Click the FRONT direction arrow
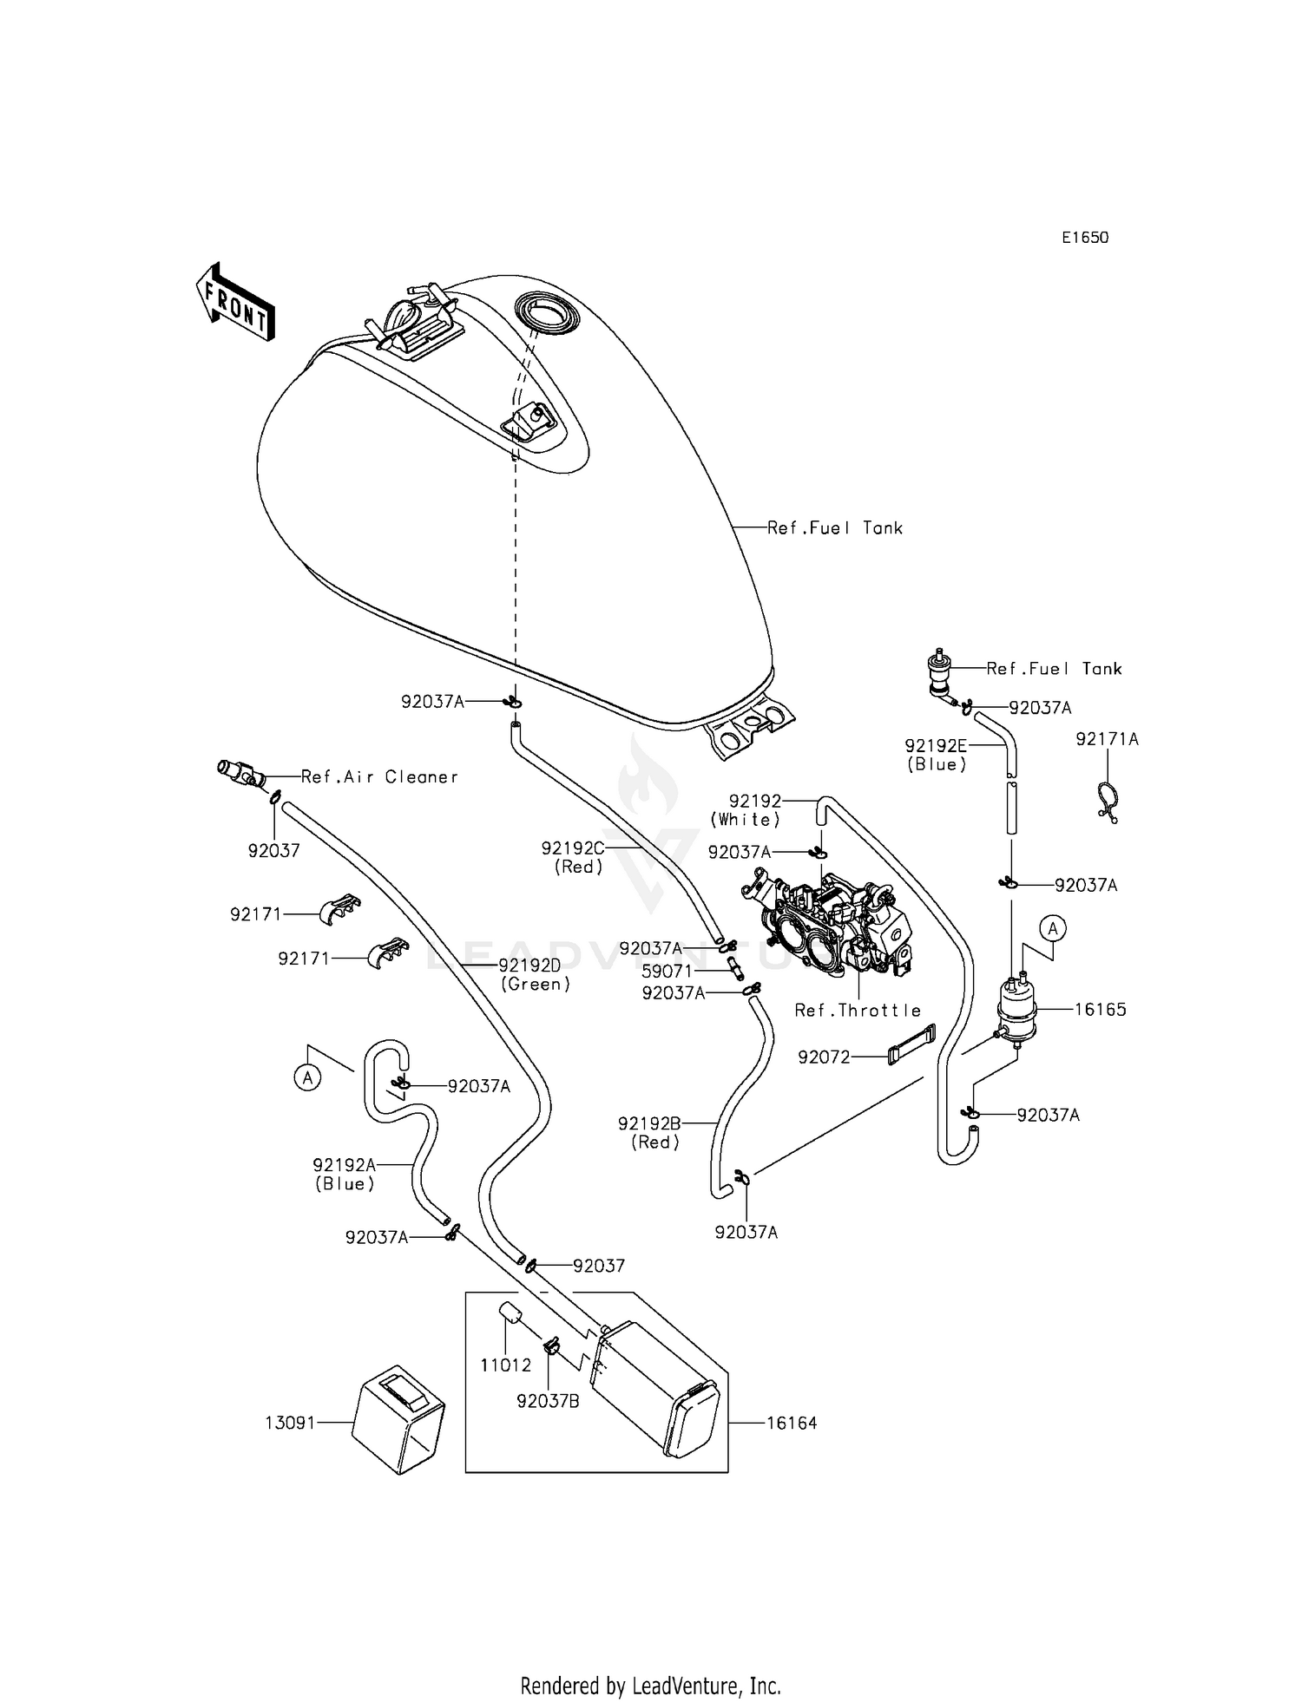point(233,303)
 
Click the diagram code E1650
point(1085,238)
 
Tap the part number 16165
point(1100,1009)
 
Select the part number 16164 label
point(791,1423)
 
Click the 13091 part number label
point(291,1423)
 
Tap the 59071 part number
point(667,972)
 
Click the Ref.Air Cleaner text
point(379,777)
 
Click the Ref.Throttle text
point(858,1011)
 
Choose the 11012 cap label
point(505,1365)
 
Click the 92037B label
point(547,1400)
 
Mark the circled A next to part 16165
point(1052,929)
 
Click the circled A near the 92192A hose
point(306,1078)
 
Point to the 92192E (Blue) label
point(936,755)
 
